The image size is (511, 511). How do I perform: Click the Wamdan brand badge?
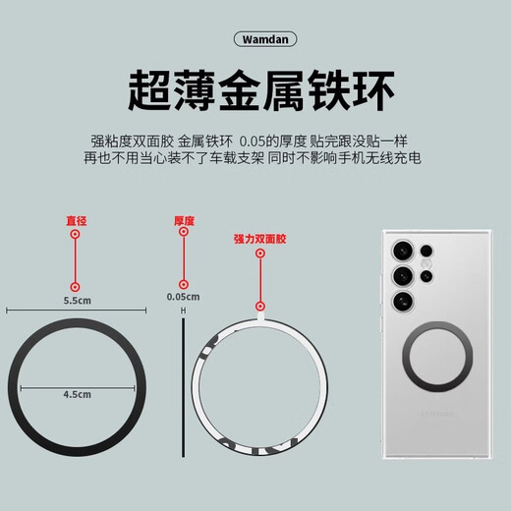[x=255, y=39]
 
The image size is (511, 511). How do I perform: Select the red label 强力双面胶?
[x=259, y=239]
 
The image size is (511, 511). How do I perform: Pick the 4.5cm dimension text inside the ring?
[x=77, y=394]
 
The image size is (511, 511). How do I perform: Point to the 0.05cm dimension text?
[x=184, y=297]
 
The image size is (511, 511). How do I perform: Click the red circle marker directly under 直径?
[x=76, y=235]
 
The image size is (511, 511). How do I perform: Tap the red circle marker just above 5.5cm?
[x=76, y=282]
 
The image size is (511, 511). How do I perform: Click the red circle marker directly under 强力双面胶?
[x=259, y=254]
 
